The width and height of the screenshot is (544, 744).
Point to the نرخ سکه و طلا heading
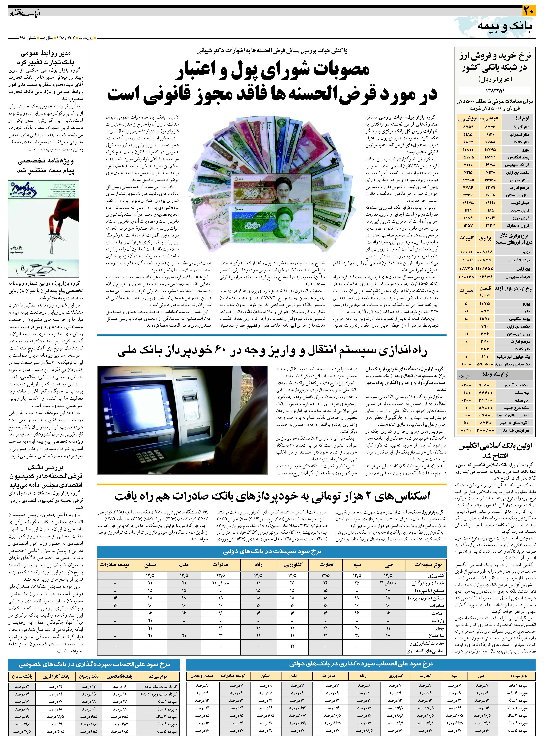tap(495, 374)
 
